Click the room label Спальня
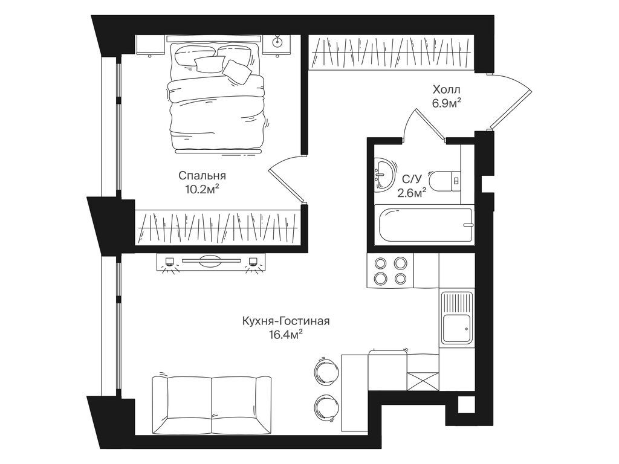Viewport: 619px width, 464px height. (x=202, y=176)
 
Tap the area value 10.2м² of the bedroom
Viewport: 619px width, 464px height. (x=202, y=190)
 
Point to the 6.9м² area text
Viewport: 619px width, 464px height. (x=446, y=103)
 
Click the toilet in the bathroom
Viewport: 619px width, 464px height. (x=445, y=180)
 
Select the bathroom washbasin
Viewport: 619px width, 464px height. (x=383, y=173)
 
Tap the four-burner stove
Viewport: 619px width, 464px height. (x=391, y=270)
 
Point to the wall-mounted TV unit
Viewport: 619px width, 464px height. (x=210, y=262)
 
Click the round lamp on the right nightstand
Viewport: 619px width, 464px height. (x=279, y=42)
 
